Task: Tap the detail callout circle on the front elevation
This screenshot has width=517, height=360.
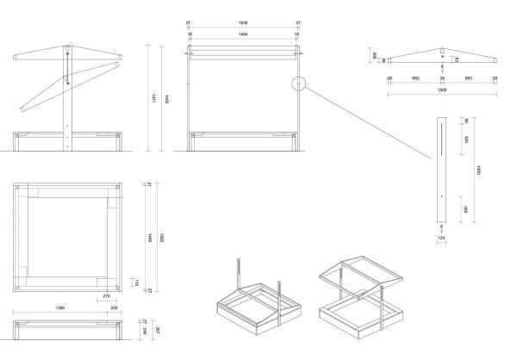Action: click(x=298, y=84)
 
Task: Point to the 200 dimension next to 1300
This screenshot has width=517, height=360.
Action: click(x=114, y=307)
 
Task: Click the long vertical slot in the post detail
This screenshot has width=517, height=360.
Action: click(x=441, y=138)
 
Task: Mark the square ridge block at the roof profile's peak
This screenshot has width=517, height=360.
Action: click(x=441, y=49)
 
